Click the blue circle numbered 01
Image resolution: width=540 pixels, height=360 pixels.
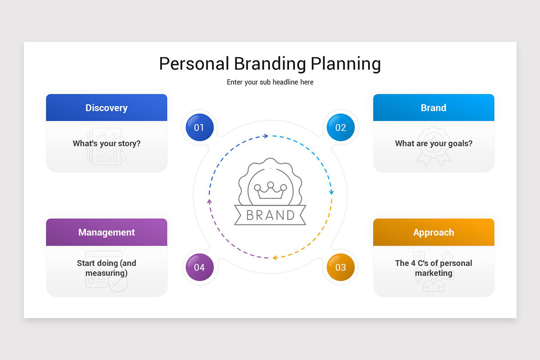pyautogui.click(x=199, y=127)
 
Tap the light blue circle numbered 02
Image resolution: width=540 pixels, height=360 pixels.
pyautogui.click(x=341, y=127)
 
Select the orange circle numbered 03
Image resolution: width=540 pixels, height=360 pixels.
pyautogui.click(x=341, y=267)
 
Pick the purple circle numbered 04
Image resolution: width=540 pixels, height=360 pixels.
pyautogui.click(x=199, y=267)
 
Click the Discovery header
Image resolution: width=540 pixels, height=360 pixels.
pyautogui.click(x=107, y=108)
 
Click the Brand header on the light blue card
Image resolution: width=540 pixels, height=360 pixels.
pyautogui.click(x=433, y=108)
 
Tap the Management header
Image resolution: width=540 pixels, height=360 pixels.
pyautogui.click(x=107, y=232)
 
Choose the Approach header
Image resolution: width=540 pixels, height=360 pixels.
pyautogui.click(x=433, y=232)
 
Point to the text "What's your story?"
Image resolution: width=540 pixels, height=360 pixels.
pyautogui.click(x=107, y=144)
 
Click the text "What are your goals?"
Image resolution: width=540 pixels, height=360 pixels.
pyautogui.click(x=433, y=144)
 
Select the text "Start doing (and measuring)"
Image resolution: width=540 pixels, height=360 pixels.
pyautogui.click(x=107, y=268)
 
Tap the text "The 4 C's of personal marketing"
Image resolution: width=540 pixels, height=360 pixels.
pyautogui.click(x=433, y=268)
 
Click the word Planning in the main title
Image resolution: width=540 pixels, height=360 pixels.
pyautogui.click(x=346, y=64)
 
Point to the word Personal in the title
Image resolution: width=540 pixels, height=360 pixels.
pyautogui.click(x=194, y=64)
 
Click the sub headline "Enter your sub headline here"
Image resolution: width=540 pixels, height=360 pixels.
pyautogui.click(x=270, y=82)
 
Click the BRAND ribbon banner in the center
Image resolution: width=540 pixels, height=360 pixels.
pyautogui.click(x=270, y=215)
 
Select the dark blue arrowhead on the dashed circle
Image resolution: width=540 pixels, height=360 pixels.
pyautogui.click(x=266, y=135)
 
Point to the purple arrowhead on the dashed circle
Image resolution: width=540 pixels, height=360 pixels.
pyautogui.click(x=209, y=201)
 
